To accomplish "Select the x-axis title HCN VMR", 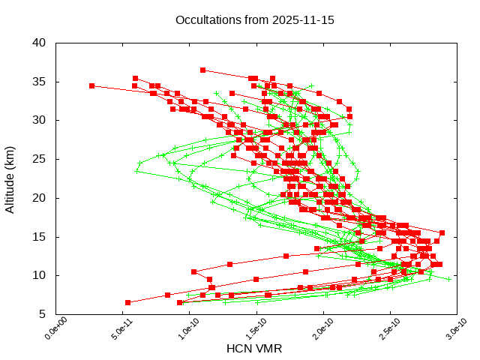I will point(254,349).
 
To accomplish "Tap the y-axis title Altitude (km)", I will point(10,178).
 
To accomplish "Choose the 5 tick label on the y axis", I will point(44,314).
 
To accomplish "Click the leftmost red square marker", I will point(91,85).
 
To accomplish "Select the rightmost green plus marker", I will point(449,279).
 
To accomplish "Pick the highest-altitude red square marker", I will point(202,70).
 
